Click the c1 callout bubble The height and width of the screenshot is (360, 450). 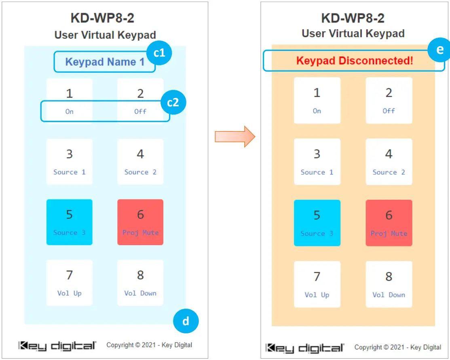159,53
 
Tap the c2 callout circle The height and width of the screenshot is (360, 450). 173,102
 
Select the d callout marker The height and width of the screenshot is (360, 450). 186,321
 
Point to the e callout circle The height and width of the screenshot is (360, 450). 439,50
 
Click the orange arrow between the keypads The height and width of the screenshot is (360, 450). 235,136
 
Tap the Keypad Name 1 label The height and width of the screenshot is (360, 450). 105,62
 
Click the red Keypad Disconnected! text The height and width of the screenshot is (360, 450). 355,61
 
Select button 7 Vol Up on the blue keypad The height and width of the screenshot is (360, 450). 70,283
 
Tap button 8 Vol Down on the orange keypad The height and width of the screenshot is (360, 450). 389,284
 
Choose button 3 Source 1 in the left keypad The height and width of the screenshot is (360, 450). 70,162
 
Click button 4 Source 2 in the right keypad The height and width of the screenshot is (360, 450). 389,162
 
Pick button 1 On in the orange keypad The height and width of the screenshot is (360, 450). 317,100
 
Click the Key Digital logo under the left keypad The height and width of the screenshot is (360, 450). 57,346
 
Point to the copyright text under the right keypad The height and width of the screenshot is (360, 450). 397,347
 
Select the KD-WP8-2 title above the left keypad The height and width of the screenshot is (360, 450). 102,18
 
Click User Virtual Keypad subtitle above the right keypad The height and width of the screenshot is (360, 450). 353,34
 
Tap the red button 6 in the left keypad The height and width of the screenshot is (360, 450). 140,222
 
